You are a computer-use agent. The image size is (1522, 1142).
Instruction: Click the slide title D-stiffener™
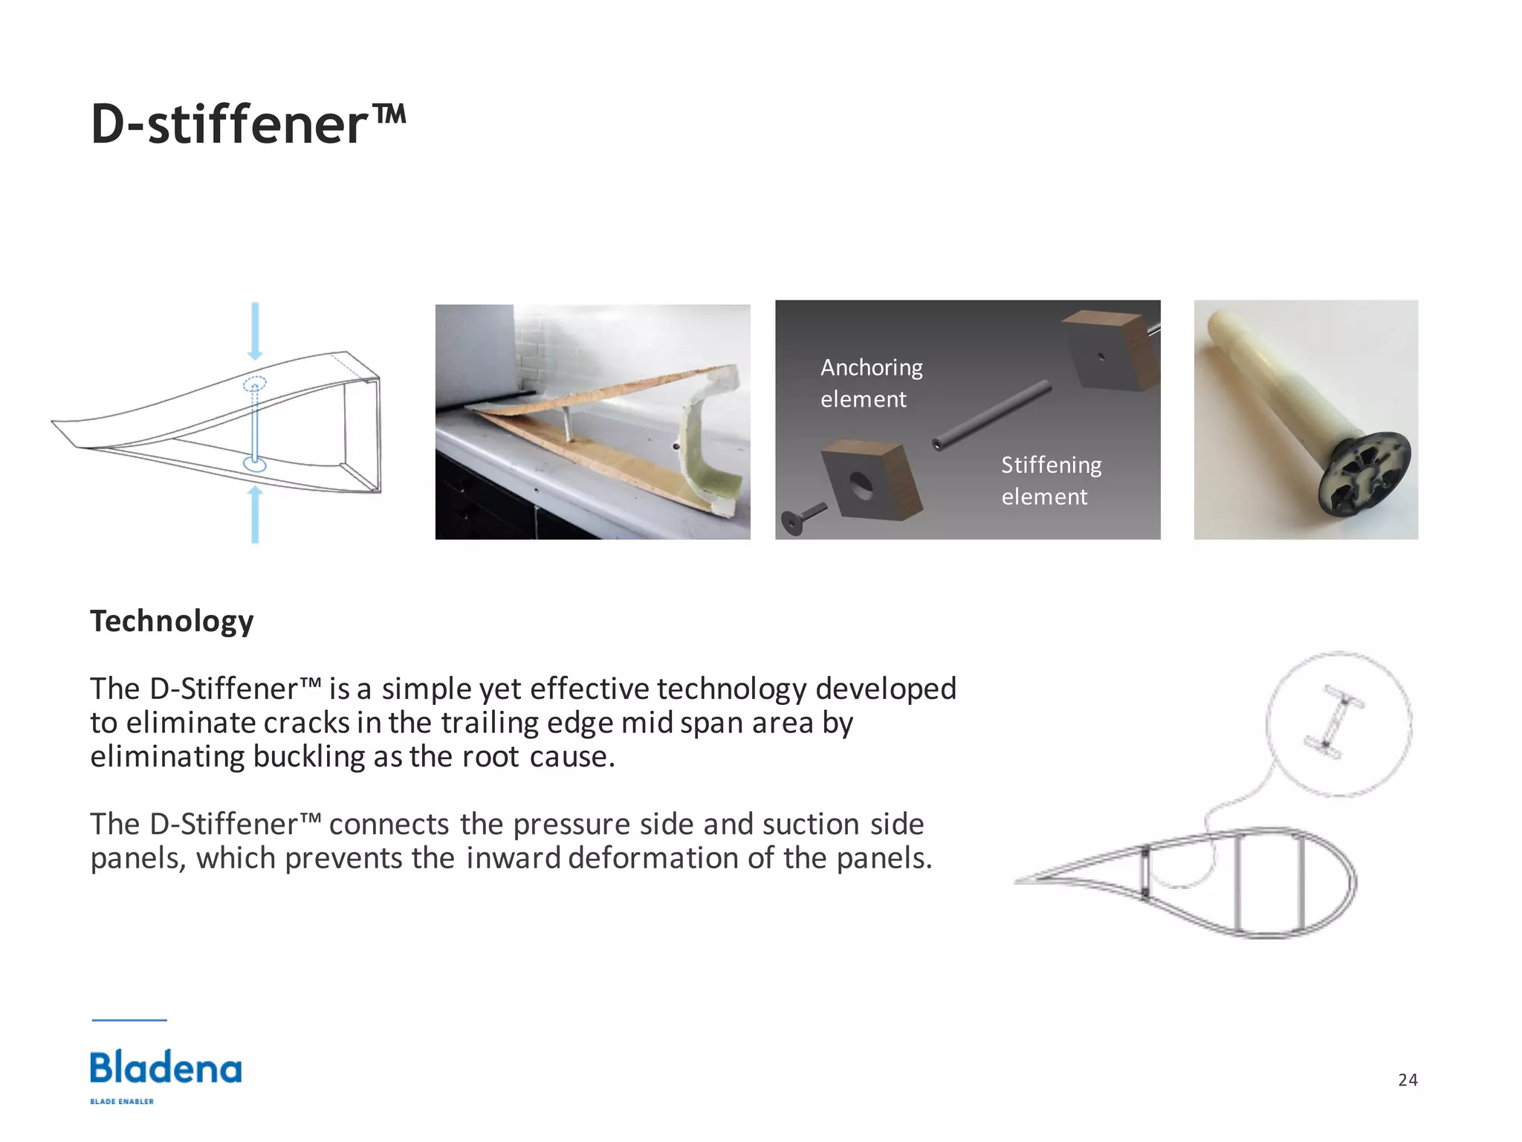tap(248, 123)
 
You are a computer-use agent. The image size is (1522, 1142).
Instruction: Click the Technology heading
tap(172, 621)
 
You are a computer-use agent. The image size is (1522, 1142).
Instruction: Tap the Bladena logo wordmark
tap(166, 1068)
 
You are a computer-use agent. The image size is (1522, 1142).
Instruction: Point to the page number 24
tap(1408, 1080)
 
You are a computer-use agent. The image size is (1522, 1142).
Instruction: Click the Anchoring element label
tap(871, 383)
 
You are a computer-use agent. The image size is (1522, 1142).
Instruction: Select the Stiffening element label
tap(1051, 480)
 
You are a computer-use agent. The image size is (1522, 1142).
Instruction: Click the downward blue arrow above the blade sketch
tap(255, 331)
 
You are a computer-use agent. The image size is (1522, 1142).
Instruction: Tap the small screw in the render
tap(802, 517)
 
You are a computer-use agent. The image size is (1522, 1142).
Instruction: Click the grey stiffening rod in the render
tap(992, 414)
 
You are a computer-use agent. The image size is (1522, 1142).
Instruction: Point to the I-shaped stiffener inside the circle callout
tap(1334, 722)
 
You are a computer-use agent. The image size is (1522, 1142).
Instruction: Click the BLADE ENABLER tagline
tap(122, 1101)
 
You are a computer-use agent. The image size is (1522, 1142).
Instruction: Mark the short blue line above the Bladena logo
tap(129, 1020)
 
